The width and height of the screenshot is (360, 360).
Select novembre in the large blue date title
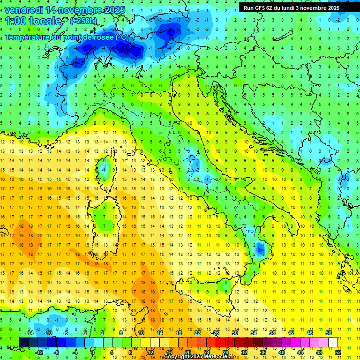(79, 10)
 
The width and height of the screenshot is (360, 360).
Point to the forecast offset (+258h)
(84, 21)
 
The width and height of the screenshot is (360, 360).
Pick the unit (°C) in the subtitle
(122, 37)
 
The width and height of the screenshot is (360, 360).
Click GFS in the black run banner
(261, 8)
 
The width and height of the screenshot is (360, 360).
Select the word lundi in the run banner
(292, 8)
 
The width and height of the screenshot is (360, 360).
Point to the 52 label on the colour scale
(338, 352)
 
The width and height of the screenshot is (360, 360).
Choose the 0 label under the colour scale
(92, 352)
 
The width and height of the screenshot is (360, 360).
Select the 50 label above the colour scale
(329, 333)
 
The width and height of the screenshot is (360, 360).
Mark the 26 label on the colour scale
(216, 333)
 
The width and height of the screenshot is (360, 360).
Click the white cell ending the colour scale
(333, 342)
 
